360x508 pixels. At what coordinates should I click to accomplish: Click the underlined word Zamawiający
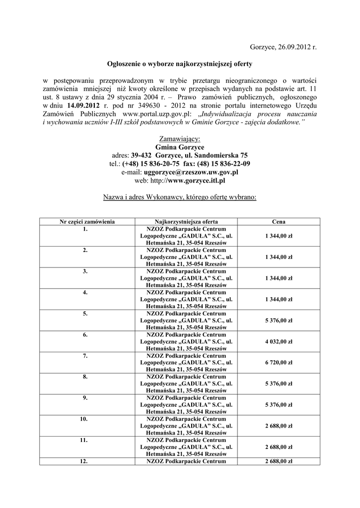click(x=180, y=138)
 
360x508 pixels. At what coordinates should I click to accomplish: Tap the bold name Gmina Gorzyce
click(x=180, y=147)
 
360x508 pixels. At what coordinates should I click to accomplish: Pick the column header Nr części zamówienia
click(x=87, y=222)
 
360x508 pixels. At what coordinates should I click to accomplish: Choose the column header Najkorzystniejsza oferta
click(x=186, y=222)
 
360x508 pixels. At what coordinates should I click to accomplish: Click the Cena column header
click(x=279, y=222)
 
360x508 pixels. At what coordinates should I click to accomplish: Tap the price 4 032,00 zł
click(x=279, y=341)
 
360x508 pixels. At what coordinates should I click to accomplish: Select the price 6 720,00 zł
click(x=279, y=363)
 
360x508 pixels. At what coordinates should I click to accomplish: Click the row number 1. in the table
click(x=86, y=229)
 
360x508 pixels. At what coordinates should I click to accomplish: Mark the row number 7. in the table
click(x=86, y=356)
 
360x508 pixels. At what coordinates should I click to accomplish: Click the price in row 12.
click(x=279, y=461)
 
